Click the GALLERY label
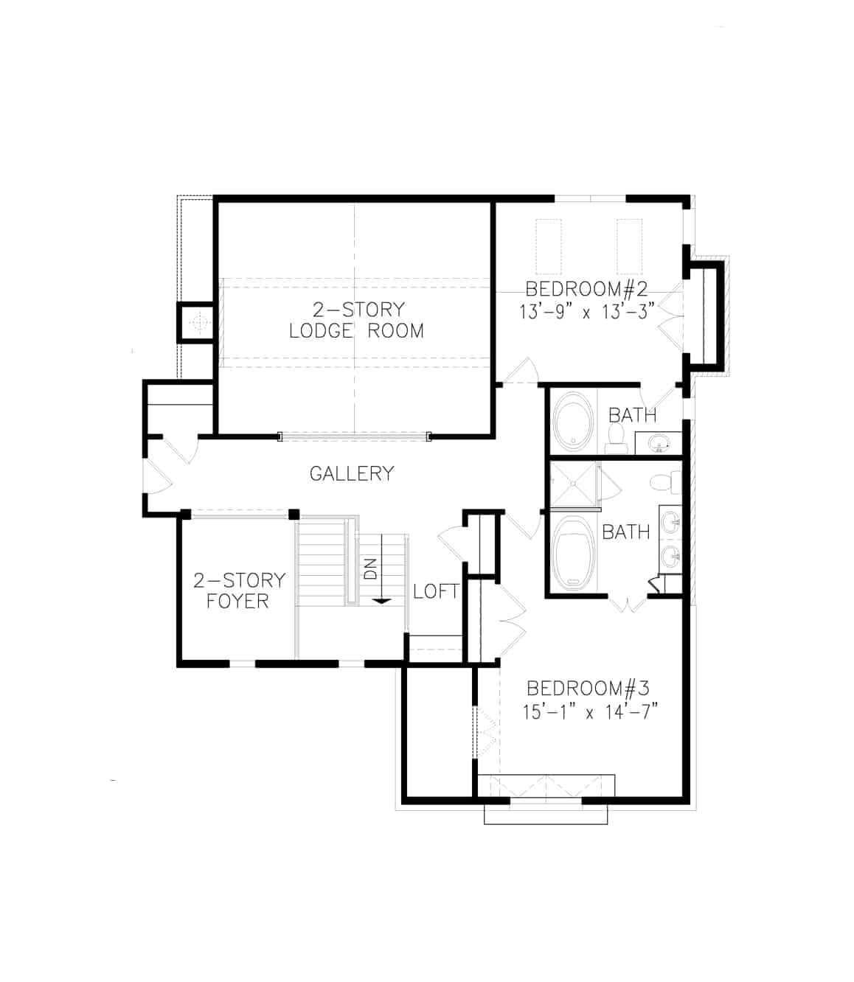[351, 473]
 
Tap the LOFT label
[436, 591]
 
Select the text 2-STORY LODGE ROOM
[356, 320]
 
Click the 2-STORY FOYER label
[237, 591]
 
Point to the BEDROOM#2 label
[586, 288]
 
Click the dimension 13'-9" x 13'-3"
[586, 312]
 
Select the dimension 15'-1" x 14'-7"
[589, 712]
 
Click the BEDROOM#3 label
[588, 689]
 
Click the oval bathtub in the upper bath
[573, 422]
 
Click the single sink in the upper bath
[659, 442]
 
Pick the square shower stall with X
[574, 484]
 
